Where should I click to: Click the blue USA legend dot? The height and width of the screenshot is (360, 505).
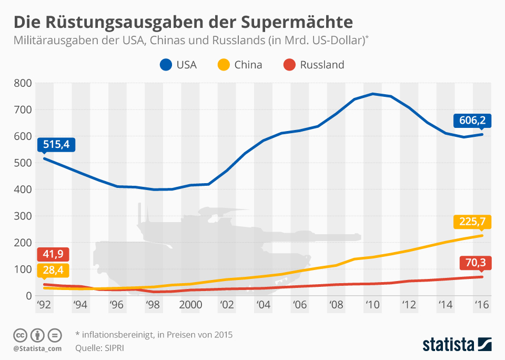pyautogui.click(x=166, y=65)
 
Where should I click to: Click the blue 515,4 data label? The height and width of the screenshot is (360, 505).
pyautogui.click(x=56, y=144)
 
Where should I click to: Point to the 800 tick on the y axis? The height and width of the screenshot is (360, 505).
pyautogui.click(x=24, y=83)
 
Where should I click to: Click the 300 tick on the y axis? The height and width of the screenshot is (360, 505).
pyautogui.click(x=24, y=216)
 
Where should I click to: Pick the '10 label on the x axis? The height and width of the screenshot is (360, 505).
pyautogui.click(x=372, y=304)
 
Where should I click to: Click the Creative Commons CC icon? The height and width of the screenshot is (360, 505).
pyautogui.click(x=21, y=335)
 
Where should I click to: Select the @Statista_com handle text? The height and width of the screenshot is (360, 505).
pyautogui.click(x=37, y=348)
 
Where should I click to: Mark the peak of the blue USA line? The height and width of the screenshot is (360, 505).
pyautogui.click(x=372, y=94)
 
